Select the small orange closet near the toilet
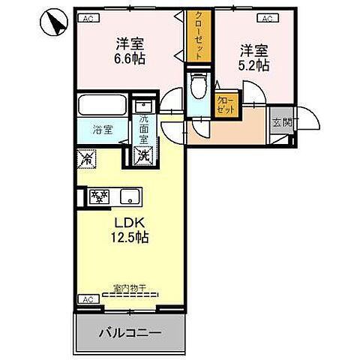[x=225, y=103]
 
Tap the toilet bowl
[x=199, y=85]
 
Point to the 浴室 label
[x=102, y=130]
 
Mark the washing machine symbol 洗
[x=142, y=157]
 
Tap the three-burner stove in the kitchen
[x=100, y=197]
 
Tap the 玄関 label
[x=281, y=124]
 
